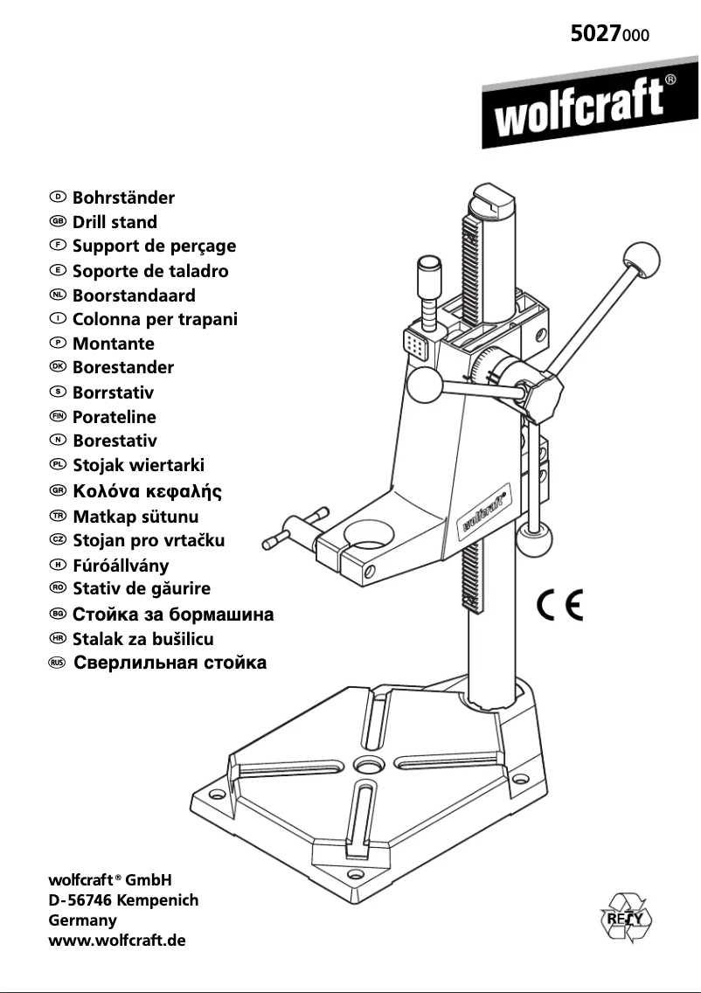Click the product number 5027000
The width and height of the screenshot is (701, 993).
[x=610, y=35]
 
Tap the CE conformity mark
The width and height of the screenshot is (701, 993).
[x=559, y=605]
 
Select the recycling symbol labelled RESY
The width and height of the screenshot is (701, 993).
[x=626, y=918]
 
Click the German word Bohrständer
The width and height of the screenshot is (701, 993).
[x=123, y=198]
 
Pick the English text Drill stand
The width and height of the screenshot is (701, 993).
[x=115, y=222]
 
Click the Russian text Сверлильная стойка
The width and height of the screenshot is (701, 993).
[x=170, y=663]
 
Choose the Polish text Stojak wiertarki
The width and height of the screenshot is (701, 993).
[x=138, y=465]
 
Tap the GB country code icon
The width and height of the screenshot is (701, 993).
[x=59, y=222]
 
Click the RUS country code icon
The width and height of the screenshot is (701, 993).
[x=58, y=663]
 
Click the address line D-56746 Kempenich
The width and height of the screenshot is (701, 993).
[x=123, y=899]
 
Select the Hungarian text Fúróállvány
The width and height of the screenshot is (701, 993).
[x=121, y=566]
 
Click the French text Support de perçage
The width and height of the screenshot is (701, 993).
[x=154, y=247]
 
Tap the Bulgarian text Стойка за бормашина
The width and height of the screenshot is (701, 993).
[x=173, y=615]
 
